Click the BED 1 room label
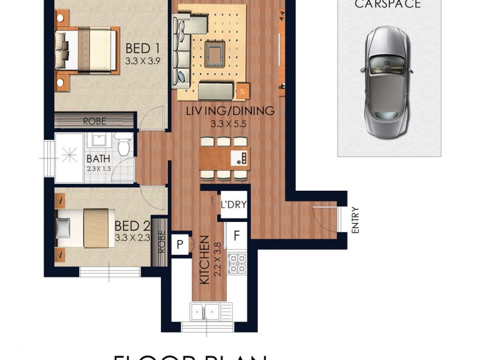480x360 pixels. point(142,49)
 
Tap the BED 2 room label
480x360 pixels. point(131,226)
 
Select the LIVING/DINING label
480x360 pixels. point(230,111)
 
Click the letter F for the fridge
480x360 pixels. point(236,235)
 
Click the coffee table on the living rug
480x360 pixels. point(215,53)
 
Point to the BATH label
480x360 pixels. point(98,159)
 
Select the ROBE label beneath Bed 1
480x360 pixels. point(94,121)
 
